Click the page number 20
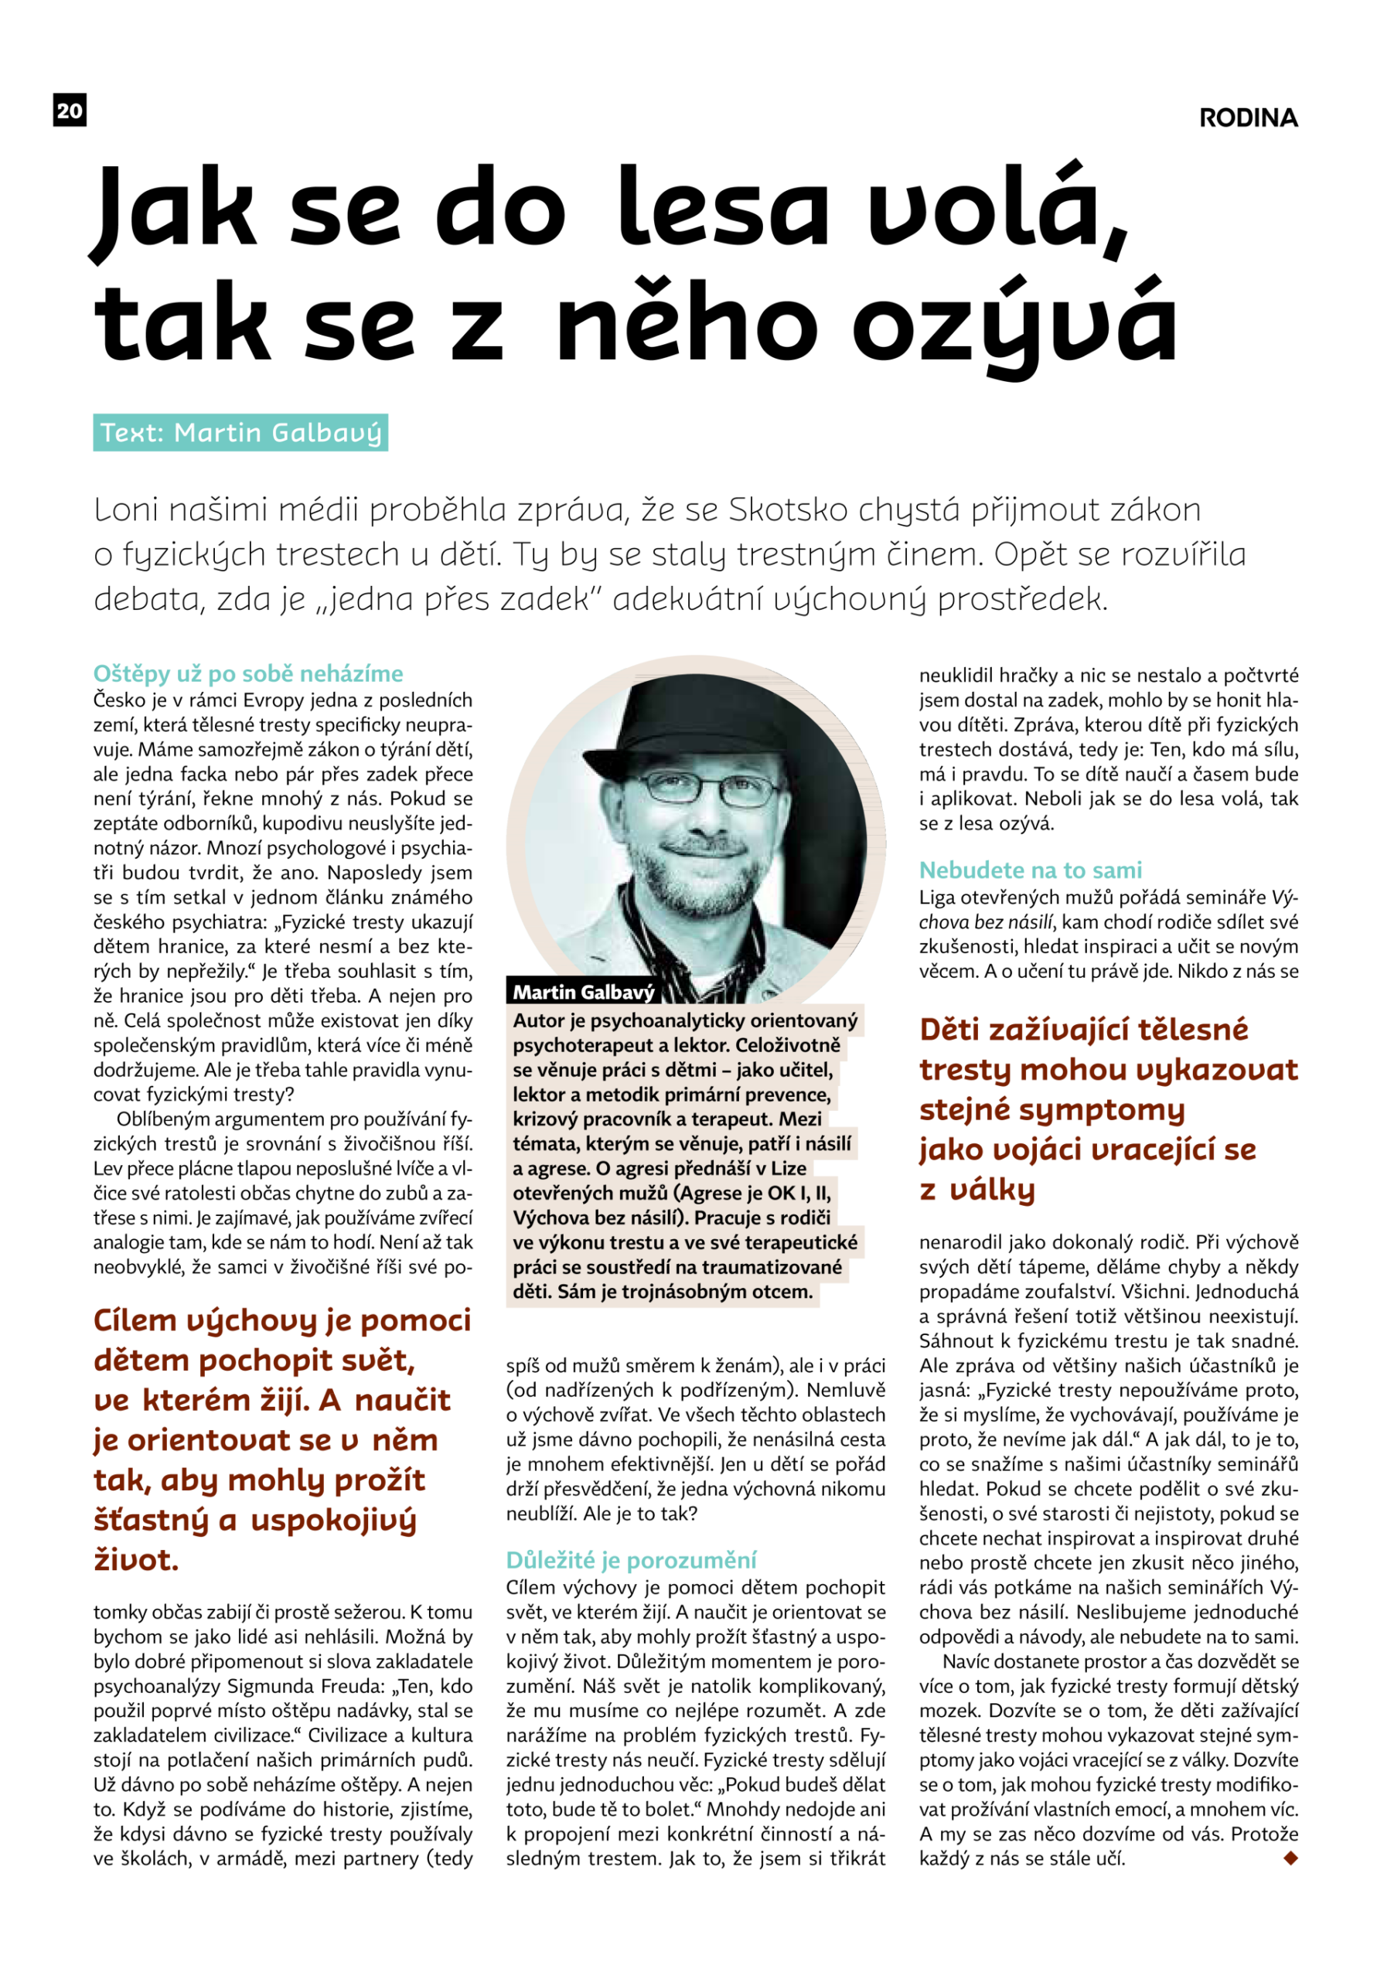pyautogui.click(x=70, y=111)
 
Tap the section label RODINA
pyautogui.click(x=1249, y=118)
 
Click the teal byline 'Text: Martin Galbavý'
pyautogui.click(x=240, y=433)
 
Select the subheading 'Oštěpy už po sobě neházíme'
pyautogui.click(x=248, y=673)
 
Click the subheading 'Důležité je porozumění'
pyautogui.click(x=631, y=1559)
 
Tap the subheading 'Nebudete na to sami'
pyautogui.click(x=1030, y=870)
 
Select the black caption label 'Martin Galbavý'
pyautogui.click(x=584, y=992)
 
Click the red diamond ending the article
pyautogui.click(x=1290, y=1858)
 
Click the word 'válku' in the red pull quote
pyautogui.click(x=991, y=1190)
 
